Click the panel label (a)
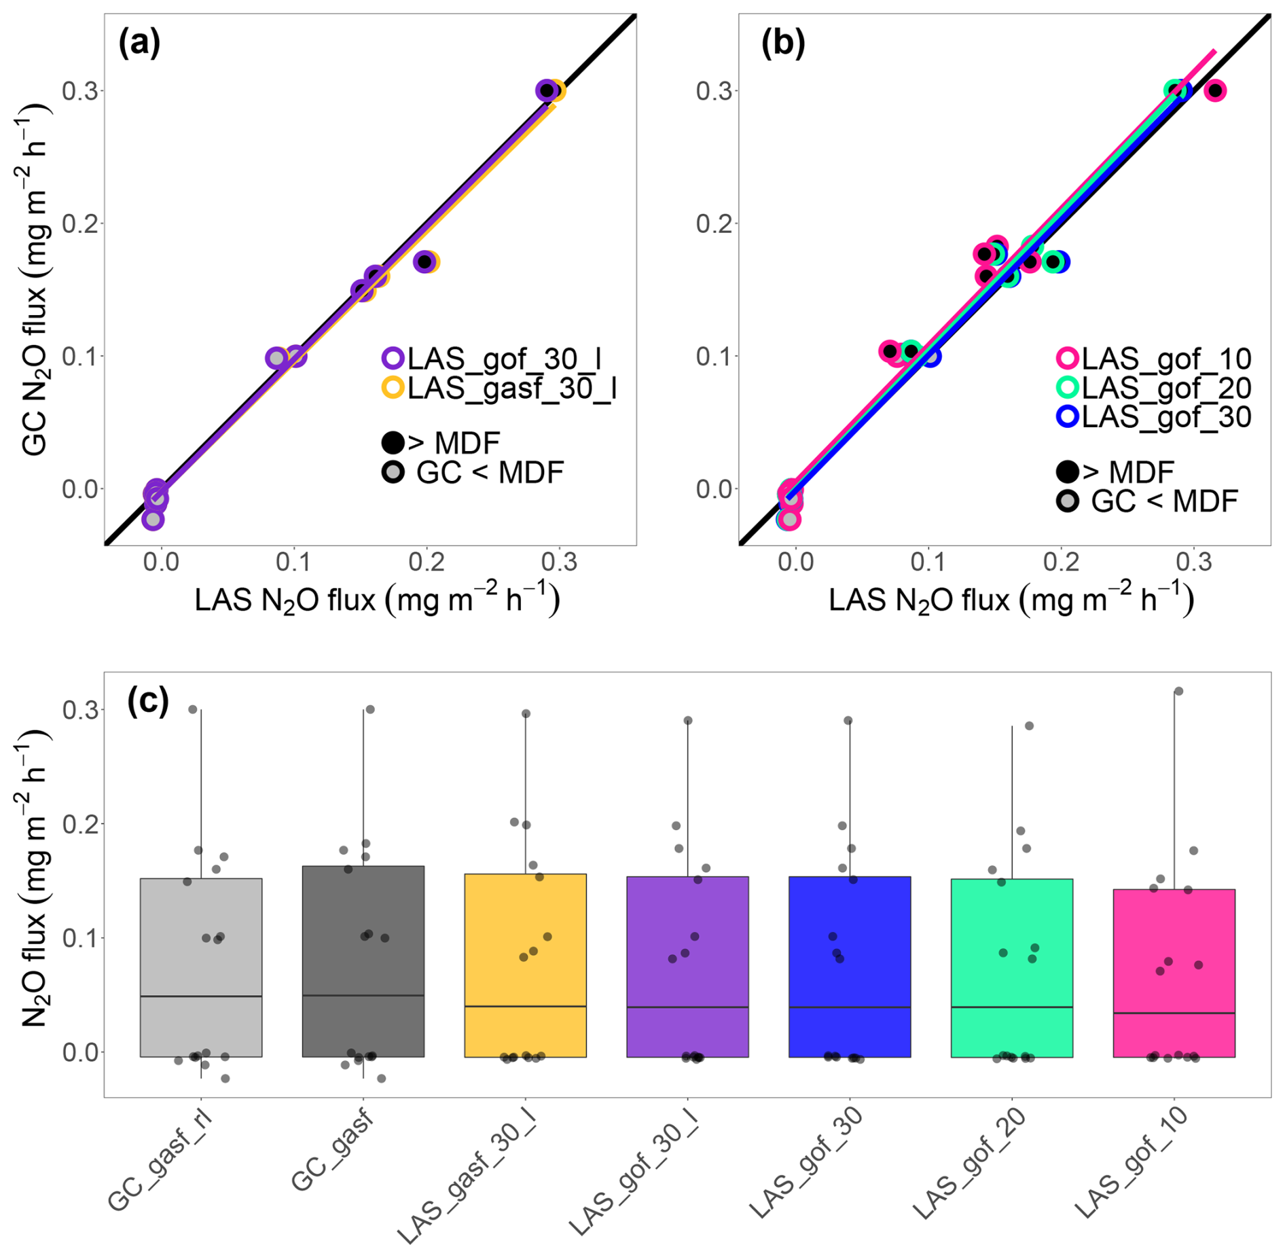pos(139,43)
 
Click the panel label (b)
pos(782,43)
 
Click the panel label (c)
pos(148,701)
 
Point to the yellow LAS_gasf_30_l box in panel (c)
pos(525,965)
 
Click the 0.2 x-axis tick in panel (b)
pos(1062,562)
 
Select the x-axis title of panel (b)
pos(1011,600)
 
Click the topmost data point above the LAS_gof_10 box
pos(1178,691)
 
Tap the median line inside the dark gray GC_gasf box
pos(363,995)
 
